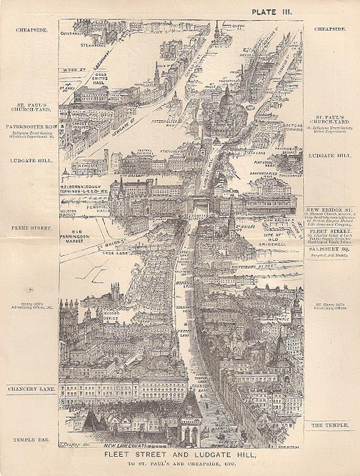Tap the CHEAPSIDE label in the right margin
pyautogui.click(x=330, y=31)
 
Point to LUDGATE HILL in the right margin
pyautogui.click(x=330, y=154)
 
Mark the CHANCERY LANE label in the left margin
pyautogui.click(x=32, y=389)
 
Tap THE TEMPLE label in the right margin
pyautogui.click(x=329, y=425)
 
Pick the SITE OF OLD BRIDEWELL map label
pyautogui.click(x=276, y=239)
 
